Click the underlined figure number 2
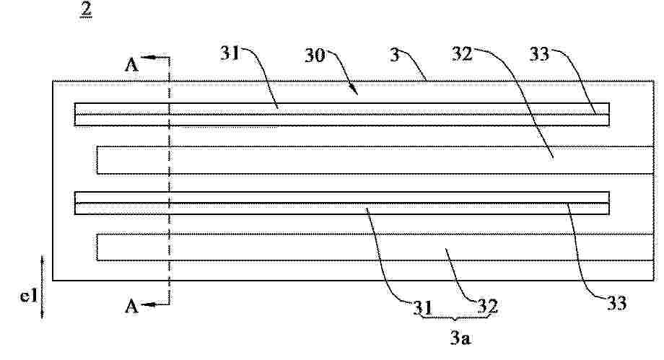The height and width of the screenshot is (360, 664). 86,9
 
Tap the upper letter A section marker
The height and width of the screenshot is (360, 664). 131,65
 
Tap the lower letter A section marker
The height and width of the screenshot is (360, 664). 131,306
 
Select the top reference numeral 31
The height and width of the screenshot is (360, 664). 230,54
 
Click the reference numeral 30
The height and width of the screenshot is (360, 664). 315,56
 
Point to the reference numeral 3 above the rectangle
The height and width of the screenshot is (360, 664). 395,55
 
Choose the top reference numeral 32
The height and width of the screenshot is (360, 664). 462,54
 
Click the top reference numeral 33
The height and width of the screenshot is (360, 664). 540,54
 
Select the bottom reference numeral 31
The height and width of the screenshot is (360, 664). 423,308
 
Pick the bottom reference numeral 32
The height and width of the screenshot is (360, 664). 488,306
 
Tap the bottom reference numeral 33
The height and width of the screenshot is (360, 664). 617,303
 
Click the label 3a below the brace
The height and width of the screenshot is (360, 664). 460,338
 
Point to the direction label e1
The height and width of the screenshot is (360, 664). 29,296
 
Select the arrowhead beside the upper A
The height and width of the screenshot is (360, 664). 147,57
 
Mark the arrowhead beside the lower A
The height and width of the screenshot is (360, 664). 147,304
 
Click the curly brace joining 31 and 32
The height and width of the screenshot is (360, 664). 455,317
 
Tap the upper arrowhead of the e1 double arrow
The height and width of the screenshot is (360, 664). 43,260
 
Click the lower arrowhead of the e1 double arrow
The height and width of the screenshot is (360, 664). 43,314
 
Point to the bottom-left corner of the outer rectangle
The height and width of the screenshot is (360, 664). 53,280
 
